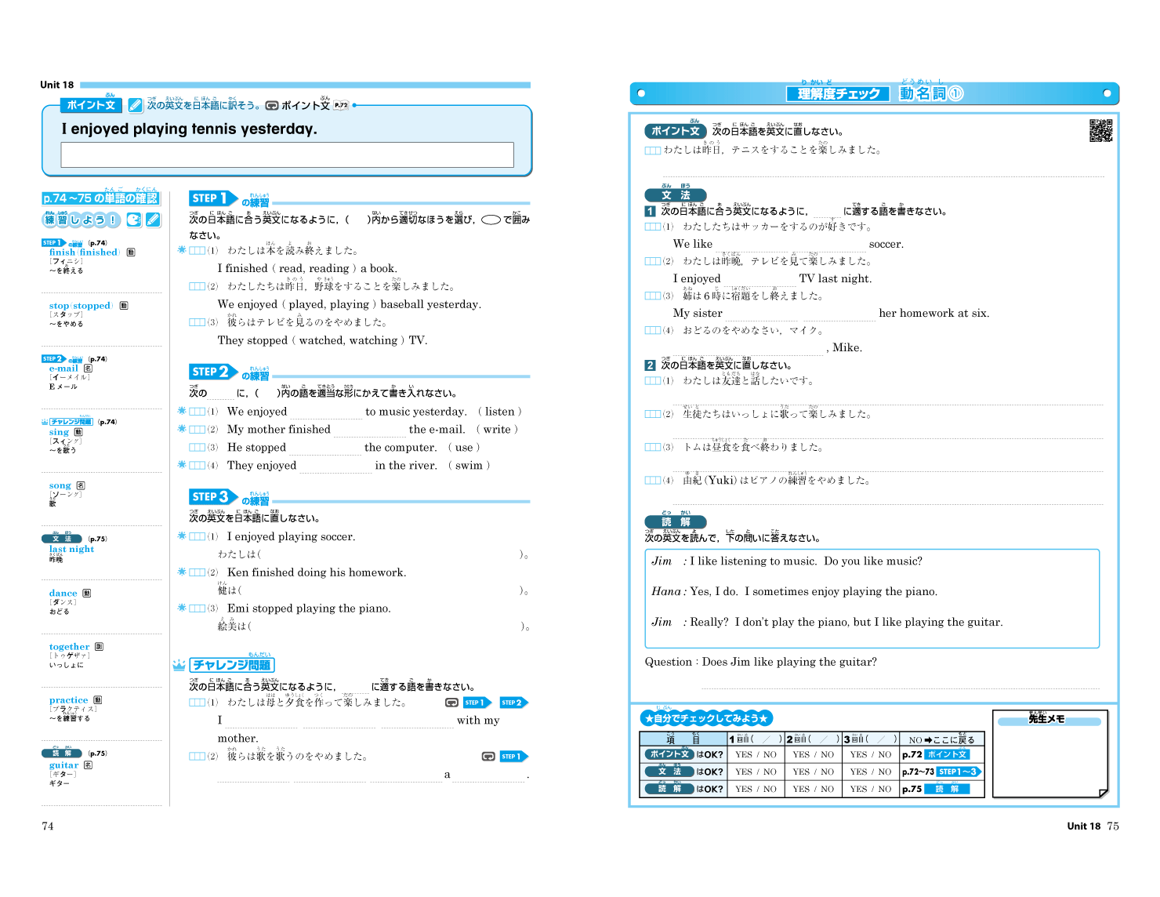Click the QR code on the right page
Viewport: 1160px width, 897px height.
[1100, 131]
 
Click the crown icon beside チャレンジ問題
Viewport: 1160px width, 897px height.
[179, 665]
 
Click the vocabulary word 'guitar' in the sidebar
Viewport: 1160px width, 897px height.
[63, 765]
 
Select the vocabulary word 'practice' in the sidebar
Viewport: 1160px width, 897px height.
[68, 700]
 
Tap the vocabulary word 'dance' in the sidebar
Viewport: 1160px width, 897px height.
[63, 594]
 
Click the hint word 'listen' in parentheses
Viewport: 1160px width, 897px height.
[499, 412]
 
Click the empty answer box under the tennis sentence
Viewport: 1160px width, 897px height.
[287, 154]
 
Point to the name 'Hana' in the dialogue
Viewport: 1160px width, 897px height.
[665, 592]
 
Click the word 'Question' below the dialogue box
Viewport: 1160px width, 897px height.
[668, 662]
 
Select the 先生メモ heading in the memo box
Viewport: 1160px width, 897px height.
[1046, 719]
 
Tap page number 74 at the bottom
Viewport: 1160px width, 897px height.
[48, 826]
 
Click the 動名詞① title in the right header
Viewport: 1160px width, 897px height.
[930, 94]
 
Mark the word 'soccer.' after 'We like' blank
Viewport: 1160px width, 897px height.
[886, 244]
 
